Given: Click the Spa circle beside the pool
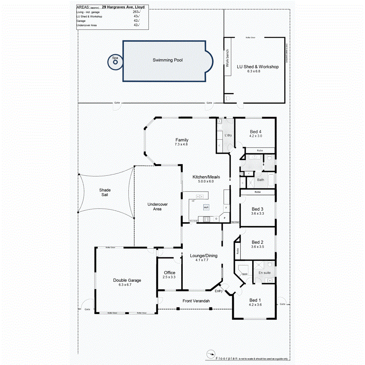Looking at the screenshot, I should coord(115,62).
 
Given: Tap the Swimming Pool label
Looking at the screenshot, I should coord(167,60).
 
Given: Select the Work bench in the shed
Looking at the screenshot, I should coord(228,57).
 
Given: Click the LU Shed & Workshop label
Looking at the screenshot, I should coord(258,67).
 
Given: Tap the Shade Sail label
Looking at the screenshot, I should coord(105,192).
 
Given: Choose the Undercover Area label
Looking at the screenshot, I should coord(157,206).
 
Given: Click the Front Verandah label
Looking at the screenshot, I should coord(196,301).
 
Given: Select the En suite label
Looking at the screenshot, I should coord(264,273).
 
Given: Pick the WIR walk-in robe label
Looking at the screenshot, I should coord(245,275).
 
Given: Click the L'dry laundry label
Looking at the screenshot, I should coord(228,135).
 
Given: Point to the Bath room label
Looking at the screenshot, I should coord(260,180).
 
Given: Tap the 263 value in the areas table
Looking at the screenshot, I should coord(135,12).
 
